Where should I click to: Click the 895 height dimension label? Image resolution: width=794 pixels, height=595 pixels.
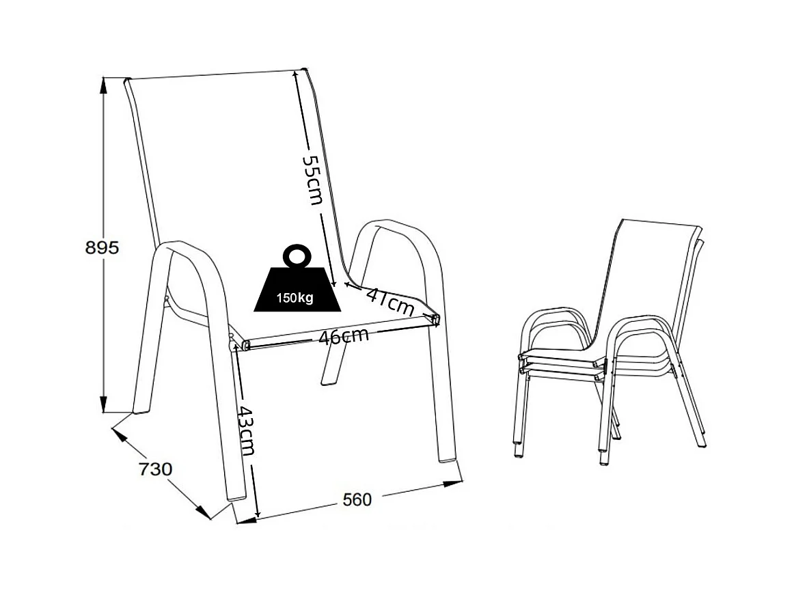[x=102, y=247]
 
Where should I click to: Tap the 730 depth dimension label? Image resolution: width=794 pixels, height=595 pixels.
[x=155, y=470]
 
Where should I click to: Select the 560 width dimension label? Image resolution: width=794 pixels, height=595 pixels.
[x=357, y=500]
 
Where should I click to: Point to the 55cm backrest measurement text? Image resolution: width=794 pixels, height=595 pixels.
[x=313, y=179]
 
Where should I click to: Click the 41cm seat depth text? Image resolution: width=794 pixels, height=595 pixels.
[x=390, y=301]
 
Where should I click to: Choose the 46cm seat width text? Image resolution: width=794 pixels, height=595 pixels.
[x=344, y=336]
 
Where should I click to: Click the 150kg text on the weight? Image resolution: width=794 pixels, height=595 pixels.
[x=295, y=298]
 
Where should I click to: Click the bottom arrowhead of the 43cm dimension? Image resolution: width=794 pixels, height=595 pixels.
[x=258, y=513]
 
